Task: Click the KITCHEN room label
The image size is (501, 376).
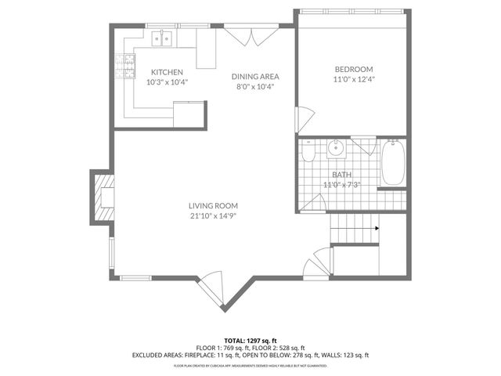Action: click(x=167, y=72)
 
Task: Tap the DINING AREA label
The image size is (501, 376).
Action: click(x=255, y=77)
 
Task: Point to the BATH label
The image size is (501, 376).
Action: click(x=341, y=175)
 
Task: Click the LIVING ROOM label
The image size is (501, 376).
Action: click(x=212, y=206)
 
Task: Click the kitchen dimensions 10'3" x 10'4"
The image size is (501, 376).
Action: click(x=168, y=81)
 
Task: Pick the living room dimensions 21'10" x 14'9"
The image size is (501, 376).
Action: click(x=212, y=216)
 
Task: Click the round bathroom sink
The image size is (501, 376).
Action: click(x=337, y=147)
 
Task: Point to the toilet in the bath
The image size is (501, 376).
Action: click(x=309, y=150)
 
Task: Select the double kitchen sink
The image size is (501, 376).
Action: click(x=164, y=37)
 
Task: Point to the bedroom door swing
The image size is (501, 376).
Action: click(x=301, y=120)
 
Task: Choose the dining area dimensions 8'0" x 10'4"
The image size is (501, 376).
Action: click(x=255, y=87)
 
